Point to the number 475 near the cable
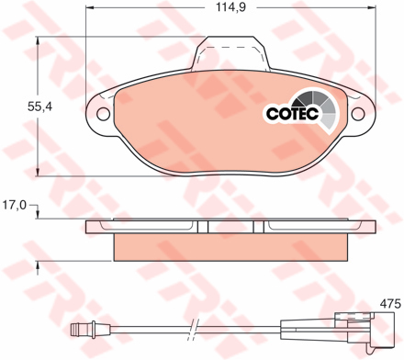(x=389, y=303)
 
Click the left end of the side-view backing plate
(x=88, y=226)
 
